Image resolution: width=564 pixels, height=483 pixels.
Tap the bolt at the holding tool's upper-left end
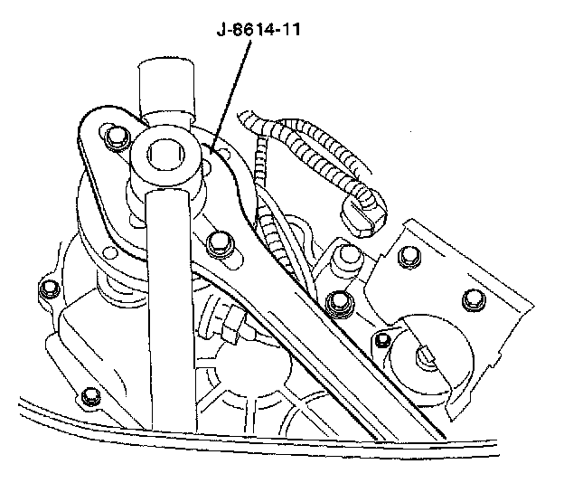click(x=115, y=137)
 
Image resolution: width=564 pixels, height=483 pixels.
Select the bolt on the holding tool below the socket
click(x=218, y=242)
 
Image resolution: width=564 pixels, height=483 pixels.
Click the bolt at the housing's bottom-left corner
click(x=88, y=397)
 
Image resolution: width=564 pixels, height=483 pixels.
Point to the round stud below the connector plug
click(x=344, y=260)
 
